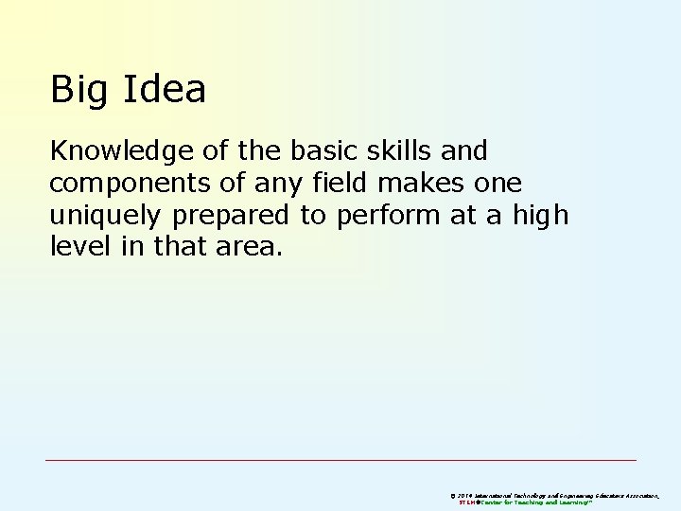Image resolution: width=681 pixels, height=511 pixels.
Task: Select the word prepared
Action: (231, 217)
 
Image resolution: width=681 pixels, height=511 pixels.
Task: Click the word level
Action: (74, 248)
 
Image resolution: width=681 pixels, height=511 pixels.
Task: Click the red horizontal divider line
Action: (340, 461)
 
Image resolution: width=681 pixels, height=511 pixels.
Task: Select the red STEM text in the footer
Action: (467, 502)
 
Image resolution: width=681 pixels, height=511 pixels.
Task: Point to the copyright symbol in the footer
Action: (453, 495)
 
